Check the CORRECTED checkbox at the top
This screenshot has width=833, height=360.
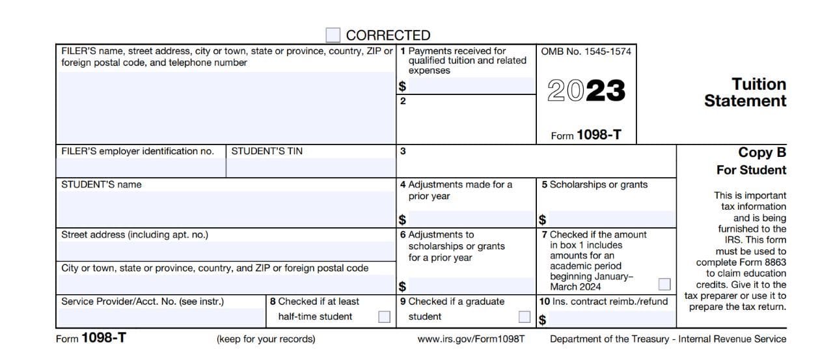coord(333,35)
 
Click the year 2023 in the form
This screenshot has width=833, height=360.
coord(586,91)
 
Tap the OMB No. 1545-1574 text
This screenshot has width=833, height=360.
coord(586,51)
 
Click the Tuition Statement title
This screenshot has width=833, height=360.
coord(745,92)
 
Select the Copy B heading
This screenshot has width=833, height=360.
coord(762,152)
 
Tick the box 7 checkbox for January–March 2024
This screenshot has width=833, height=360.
coord(664,284)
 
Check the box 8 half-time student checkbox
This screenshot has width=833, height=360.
coord(385,317)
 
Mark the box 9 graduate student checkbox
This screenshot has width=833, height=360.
coord(525,317)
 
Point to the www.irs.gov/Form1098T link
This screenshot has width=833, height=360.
coord(471,339)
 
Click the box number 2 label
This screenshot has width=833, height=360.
coord(403,101)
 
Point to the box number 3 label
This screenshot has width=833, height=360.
coord(403,152)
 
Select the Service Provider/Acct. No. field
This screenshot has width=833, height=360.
coord(161,317)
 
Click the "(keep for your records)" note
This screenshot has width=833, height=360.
coord(266,339)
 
